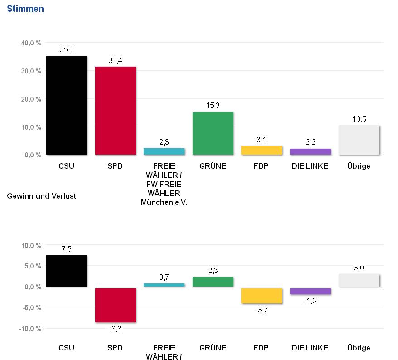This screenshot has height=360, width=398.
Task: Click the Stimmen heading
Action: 25,9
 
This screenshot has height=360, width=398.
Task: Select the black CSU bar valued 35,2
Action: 67,105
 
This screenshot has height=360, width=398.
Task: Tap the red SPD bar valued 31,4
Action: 116,111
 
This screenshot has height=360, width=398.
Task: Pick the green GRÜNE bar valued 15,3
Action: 213,133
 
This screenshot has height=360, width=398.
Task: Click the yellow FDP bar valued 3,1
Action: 262,151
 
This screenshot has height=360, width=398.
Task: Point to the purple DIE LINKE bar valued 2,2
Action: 311,152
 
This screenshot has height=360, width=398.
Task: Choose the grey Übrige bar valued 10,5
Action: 359,140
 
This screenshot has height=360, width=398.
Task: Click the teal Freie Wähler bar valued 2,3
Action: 164,151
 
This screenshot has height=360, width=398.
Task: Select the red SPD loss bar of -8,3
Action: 116,305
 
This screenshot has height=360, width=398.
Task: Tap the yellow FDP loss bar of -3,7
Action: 262,296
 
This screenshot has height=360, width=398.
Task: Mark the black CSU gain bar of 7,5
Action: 67,271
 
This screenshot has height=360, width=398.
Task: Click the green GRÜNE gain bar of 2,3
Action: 213,282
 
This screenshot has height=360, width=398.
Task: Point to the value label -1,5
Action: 311,300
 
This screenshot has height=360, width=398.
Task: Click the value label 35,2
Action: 67,49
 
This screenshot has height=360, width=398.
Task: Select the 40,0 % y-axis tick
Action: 31,43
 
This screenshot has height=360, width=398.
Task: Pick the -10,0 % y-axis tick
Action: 30,328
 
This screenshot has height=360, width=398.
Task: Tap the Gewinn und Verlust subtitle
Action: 42,196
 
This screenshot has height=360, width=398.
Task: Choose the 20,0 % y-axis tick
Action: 31,99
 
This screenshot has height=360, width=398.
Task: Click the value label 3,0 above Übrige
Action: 359,268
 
